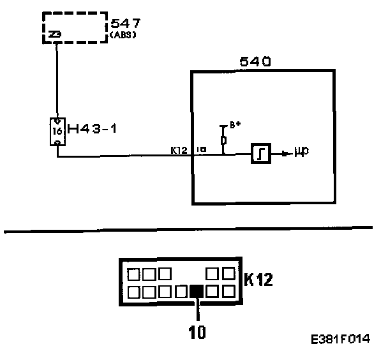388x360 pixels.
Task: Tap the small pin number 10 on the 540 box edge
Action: (x=201, y=150)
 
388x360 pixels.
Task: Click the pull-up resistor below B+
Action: (x=223, y=139)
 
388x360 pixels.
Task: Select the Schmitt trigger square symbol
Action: (x=261, y=153)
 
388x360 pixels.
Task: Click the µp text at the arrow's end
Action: (x=302, y=154)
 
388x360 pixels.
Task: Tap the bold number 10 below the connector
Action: (x=198, y=331)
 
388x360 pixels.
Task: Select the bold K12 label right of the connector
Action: (x=259, y=278)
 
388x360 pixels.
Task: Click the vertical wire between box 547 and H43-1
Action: (x=57, y=80)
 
